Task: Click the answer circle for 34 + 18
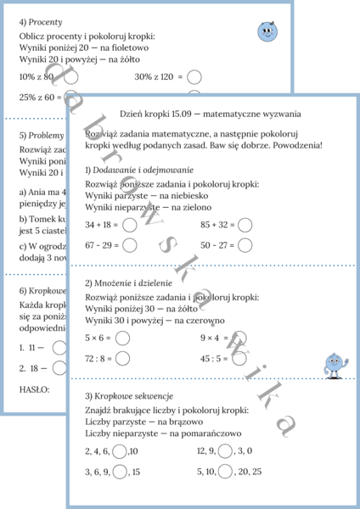point(129,226)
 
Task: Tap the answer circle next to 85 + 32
point(245,226)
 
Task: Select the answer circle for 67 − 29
point(129,245)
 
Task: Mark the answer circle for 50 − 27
point(245,245)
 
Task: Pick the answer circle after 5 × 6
point(122,338)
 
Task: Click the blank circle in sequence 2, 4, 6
point(121,451)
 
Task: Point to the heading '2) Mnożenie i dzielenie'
point(128,282)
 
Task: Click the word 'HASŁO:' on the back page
point(34,389)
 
